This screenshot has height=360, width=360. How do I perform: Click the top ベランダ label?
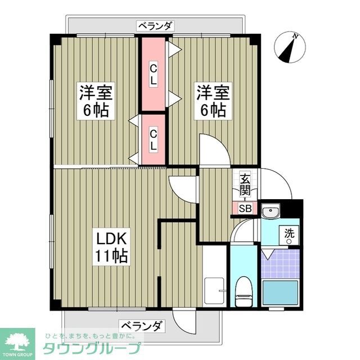[155, 25]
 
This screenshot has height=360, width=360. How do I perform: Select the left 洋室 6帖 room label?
[97, 101]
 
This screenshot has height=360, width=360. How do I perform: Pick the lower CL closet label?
[153, 139]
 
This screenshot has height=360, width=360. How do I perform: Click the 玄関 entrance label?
[245, 184]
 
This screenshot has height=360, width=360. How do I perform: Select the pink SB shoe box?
[245, 208]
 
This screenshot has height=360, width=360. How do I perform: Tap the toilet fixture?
[244, 290]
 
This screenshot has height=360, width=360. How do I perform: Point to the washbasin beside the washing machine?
[271, 211]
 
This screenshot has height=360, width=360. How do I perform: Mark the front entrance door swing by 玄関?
[275, 183]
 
